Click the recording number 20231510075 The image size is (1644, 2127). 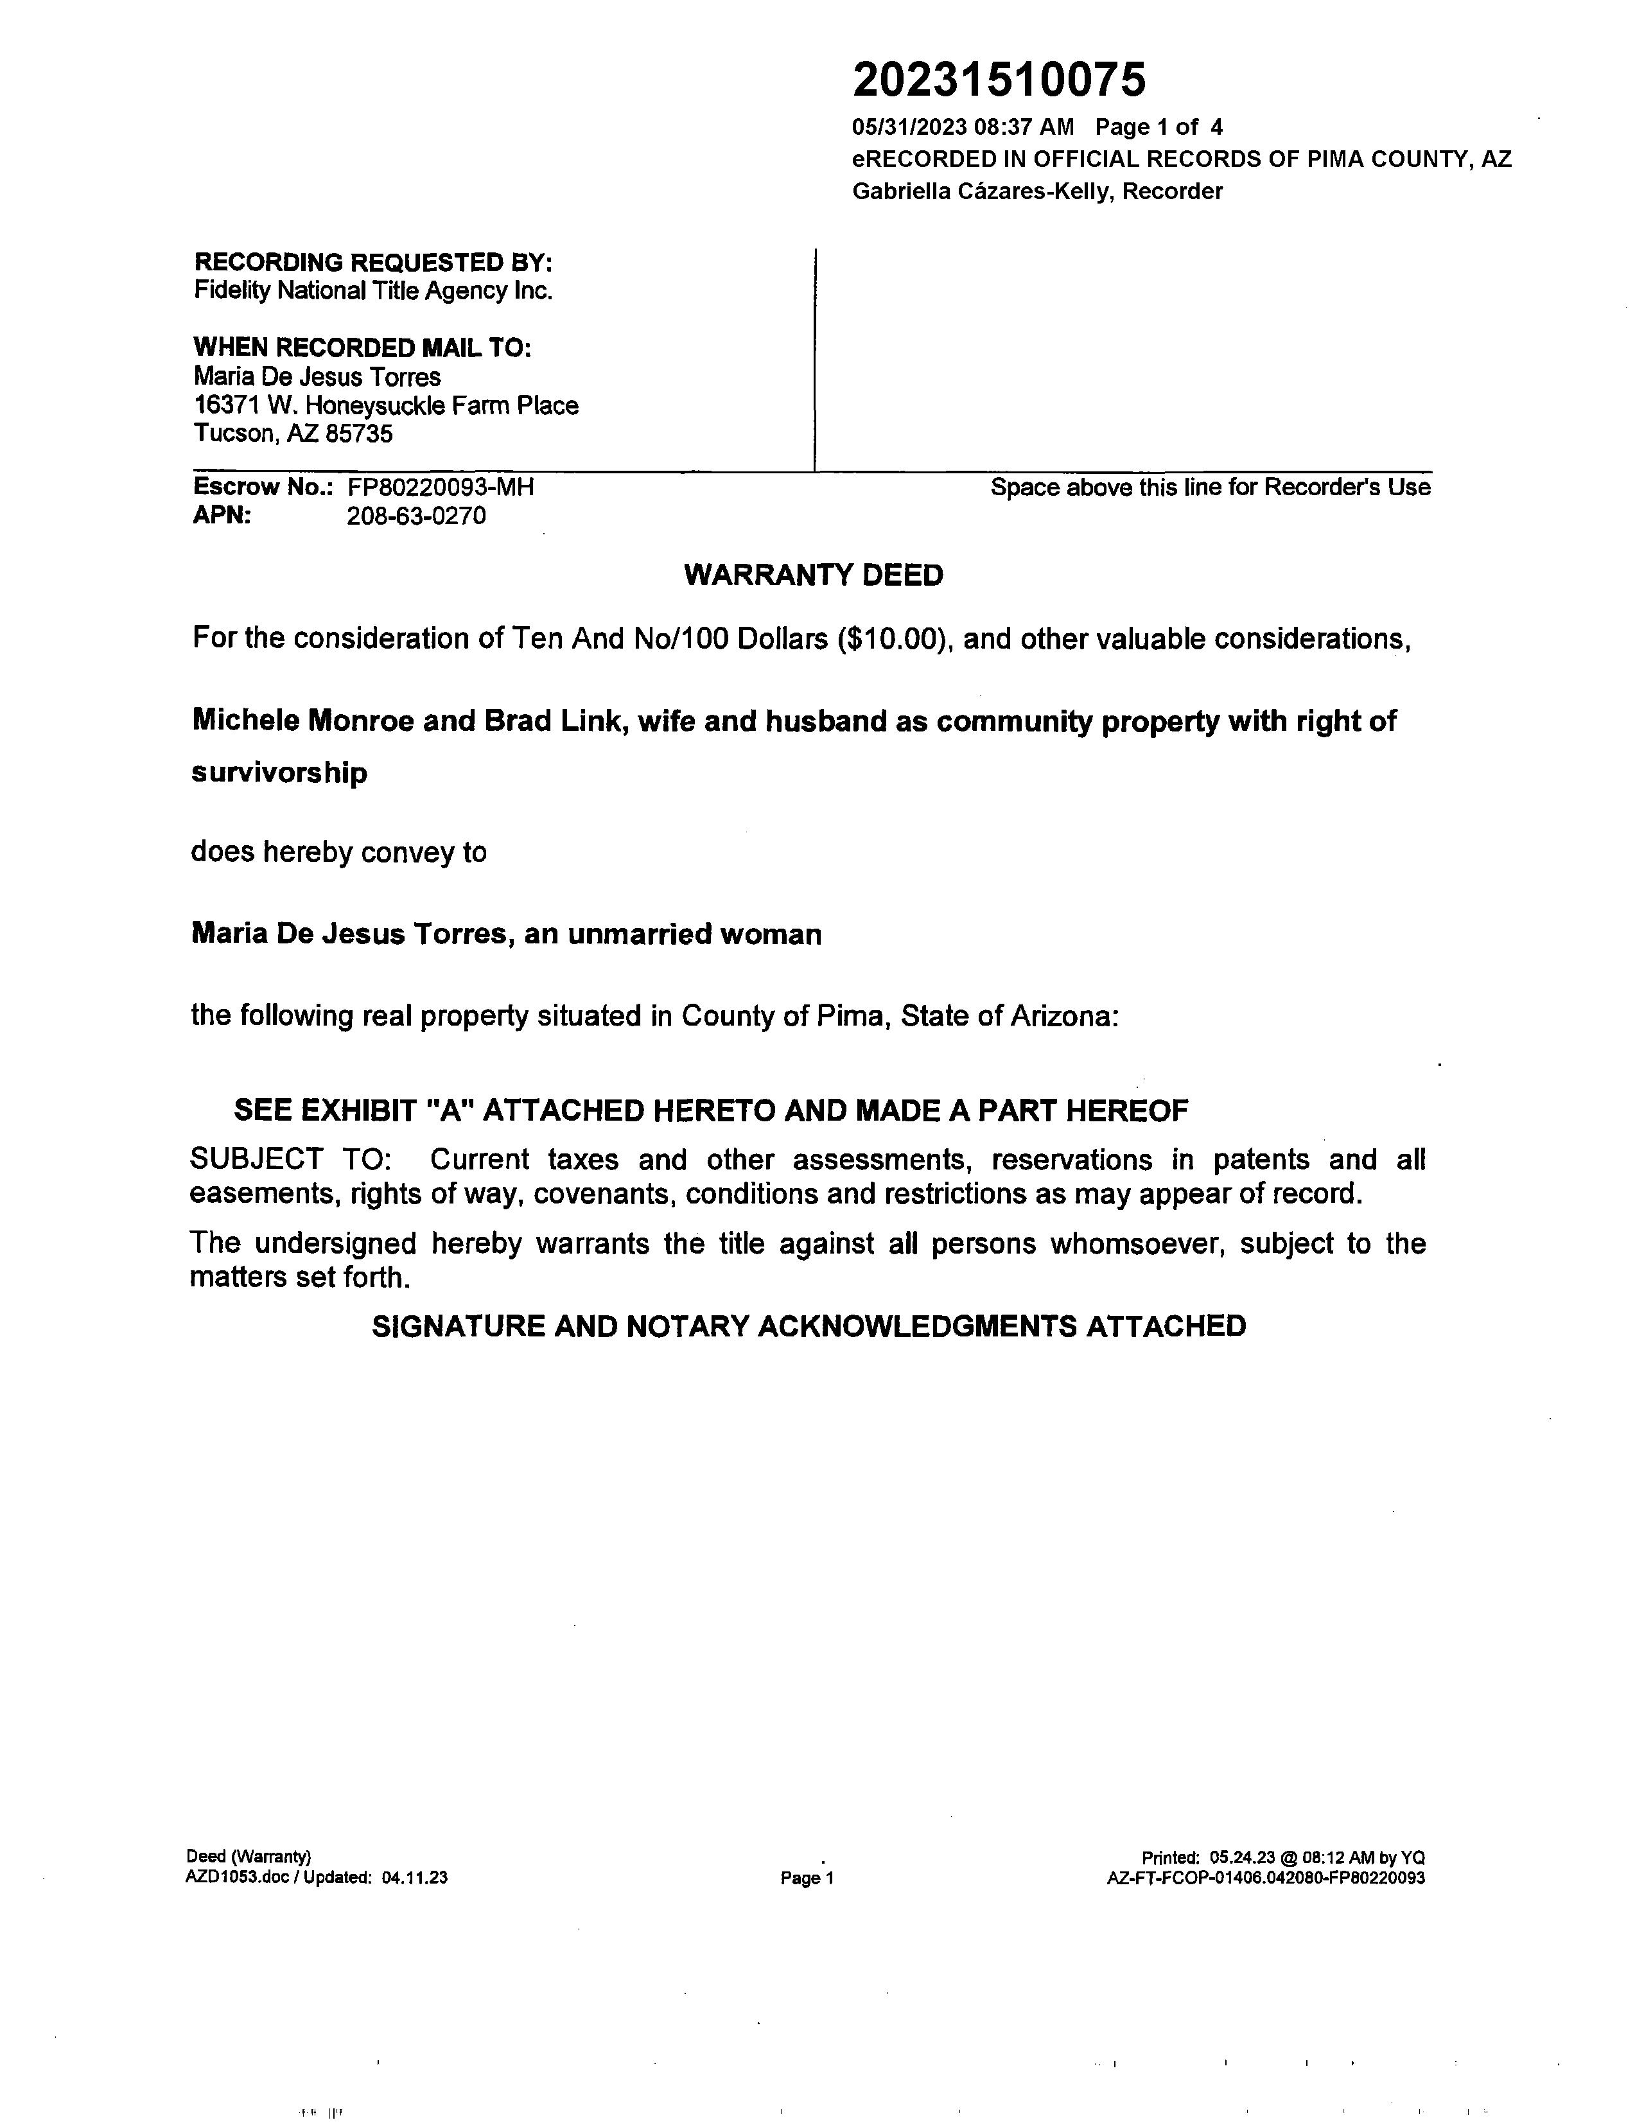tap(999, 80)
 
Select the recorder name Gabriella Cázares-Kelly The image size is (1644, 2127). tap(982, 192)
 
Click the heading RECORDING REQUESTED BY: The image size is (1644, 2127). tap(373, 262)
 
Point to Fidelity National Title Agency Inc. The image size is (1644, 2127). tap(373, 290)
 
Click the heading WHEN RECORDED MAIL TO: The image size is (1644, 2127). tap(362, 347)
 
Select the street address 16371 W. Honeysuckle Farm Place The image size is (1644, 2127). tap(386, 405)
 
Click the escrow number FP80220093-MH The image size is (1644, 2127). tap(440, 487)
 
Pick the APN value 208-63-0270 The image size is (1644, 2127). tap(416, 516)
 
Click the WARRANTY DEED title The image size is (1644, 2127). tap(813, 575)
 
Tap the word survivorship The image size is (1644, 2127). tap(279, 773)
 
